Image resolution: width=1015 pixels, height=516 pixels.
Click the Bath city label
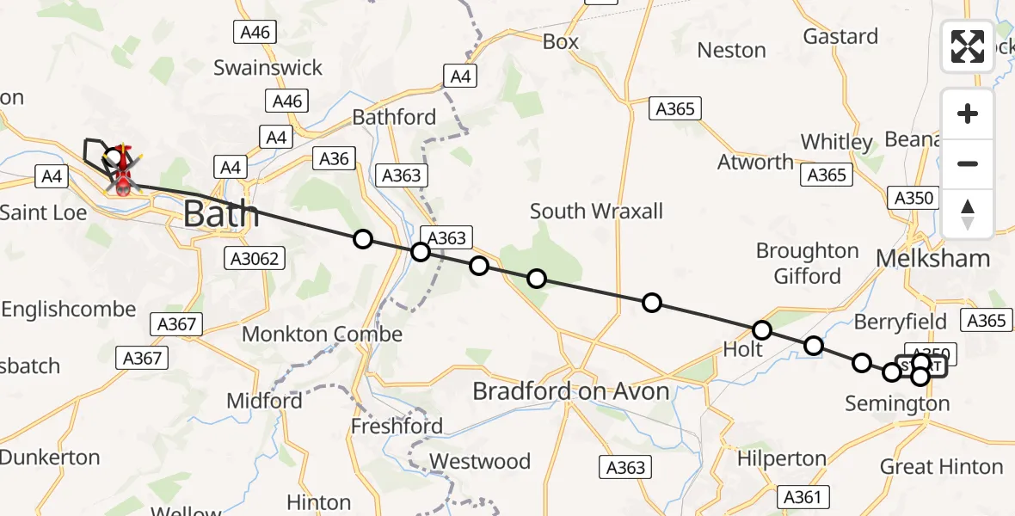pos(221,213)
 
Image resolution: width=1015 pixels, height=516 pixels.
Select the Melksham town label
pos(932,258)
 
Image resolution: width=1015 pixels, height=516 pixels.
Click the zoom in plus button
pos(968,114)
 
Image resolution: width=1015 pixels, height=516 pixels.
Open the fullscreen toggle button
pos(968,46)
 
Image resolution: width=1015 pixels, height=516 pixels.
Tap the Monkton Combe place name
pos(323,334)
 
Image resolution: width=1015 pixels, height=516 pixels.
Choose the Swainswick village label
pos(268,67)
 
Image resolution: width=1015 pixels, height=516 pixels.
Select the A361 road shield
pos(803,496)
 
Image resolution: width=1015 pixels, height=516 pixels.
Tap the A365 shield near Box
pos(675,109)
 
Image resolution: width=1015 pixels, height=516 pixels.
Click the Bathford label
pos(395,117)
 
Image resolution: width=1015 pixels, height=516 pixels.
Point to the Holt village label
pos(742,349)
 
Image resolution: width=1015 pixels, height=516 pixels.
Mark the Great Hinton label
pos(941,467)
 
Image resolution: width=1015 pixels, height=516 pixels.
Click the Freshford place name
pos(397,426)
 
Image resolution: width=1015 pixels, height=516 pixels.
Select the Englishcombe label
pos(68,309)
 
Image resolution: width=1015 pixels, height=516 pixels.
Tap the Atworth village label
pos(756,162)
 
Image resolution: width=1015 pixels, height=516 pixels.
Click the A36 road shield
pos(334,158)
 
